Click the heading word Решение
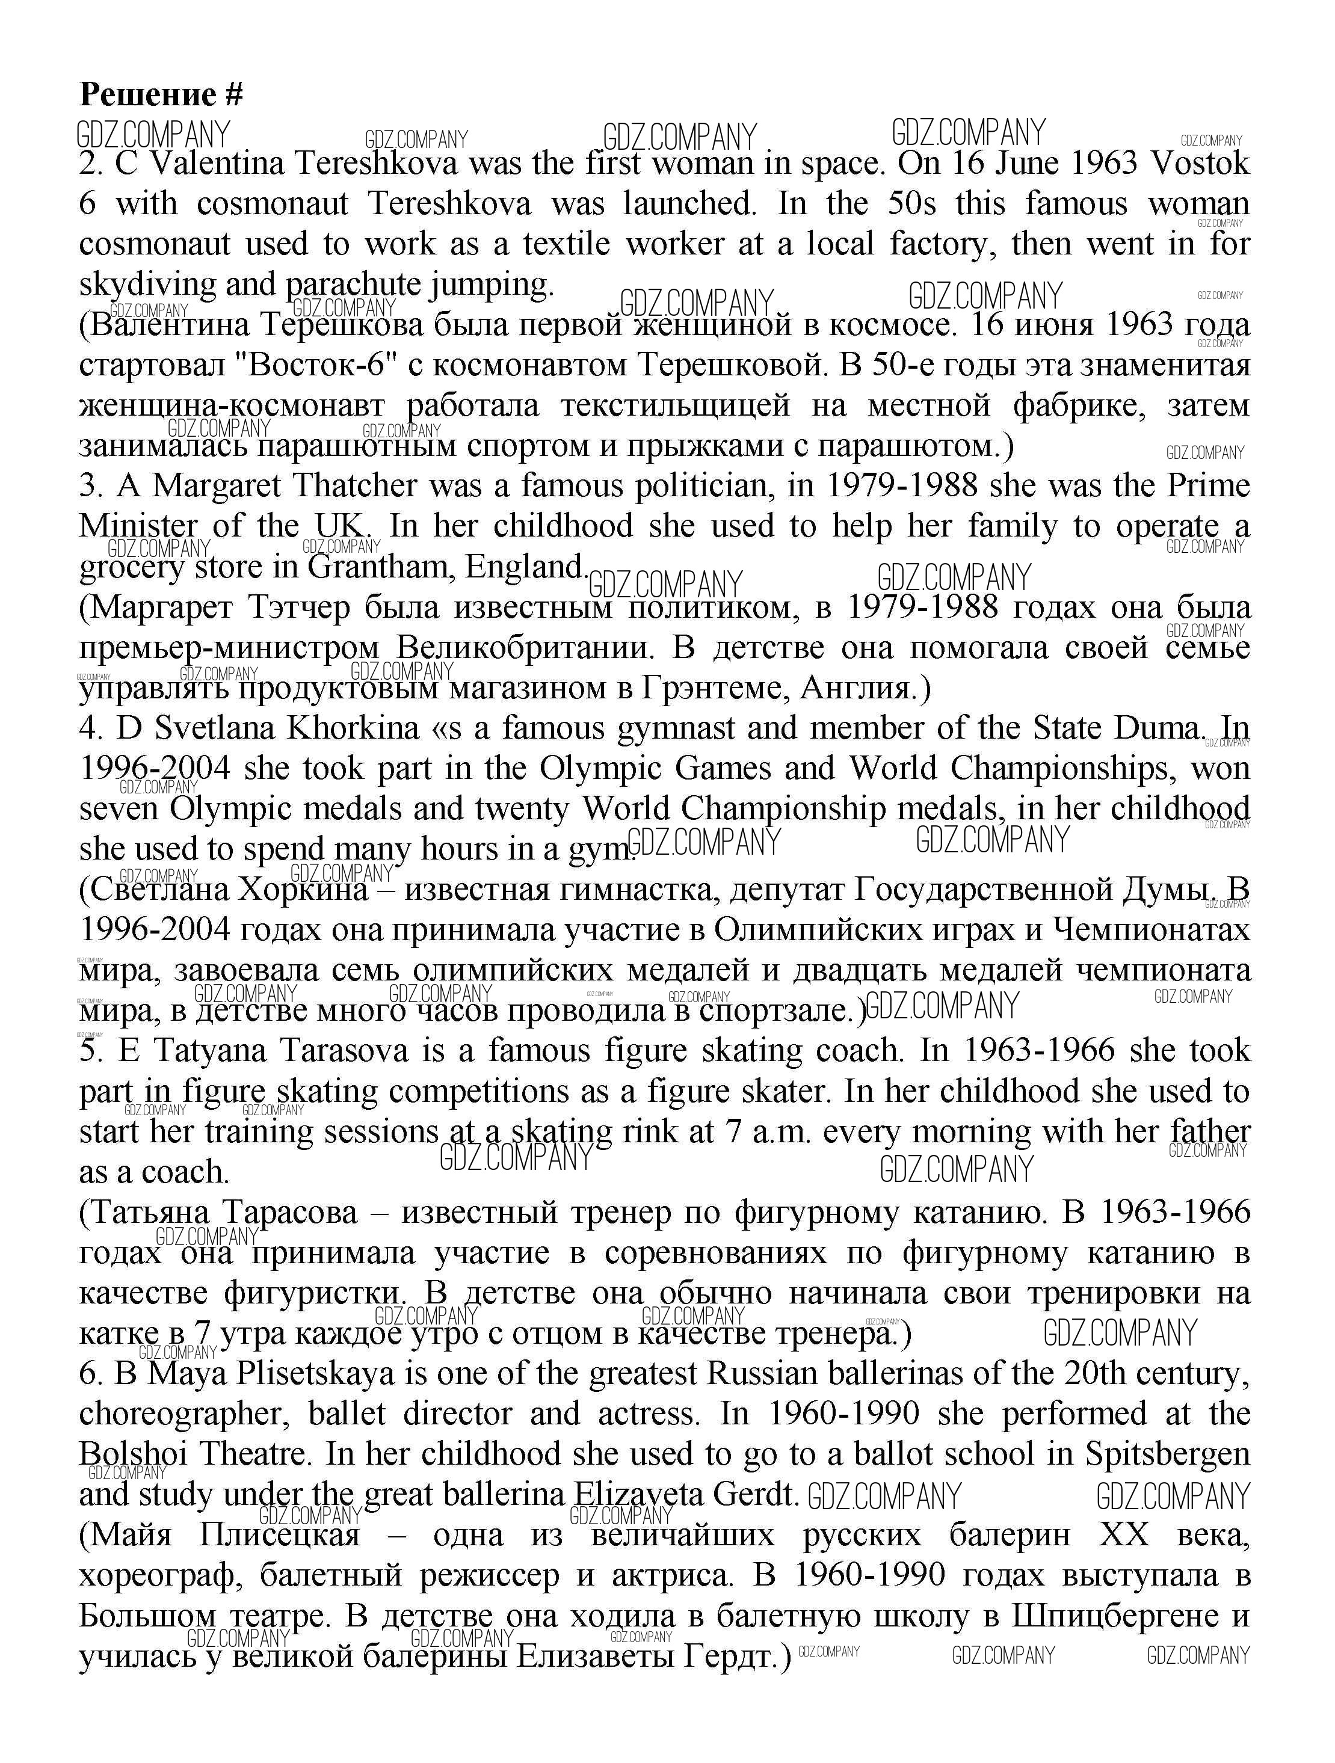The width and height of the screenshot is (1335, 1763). point(147,95)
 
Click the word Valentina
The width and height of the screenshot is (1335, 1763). point(218,164)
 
